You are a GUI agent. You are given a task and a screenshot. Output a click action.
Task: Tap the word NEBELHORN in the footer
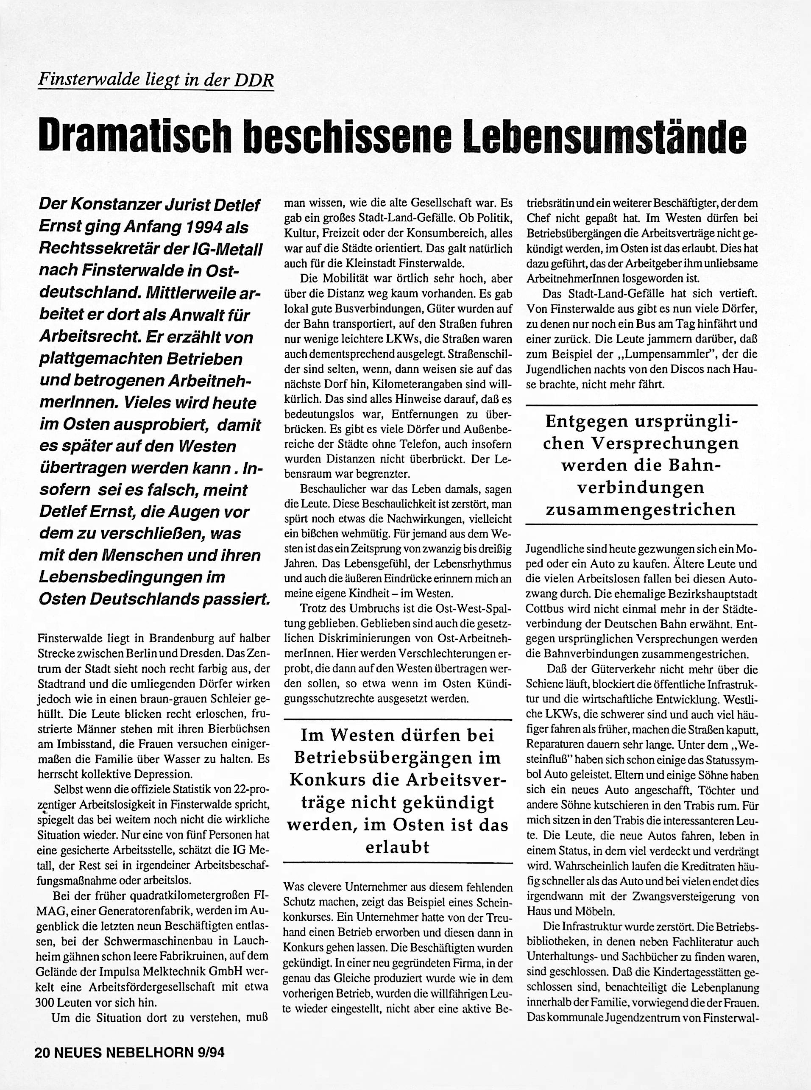(x=147, y=1052)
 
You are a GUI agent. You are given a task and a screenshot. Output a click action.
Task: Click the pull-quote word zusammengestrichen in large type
(x=641, y=510)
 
